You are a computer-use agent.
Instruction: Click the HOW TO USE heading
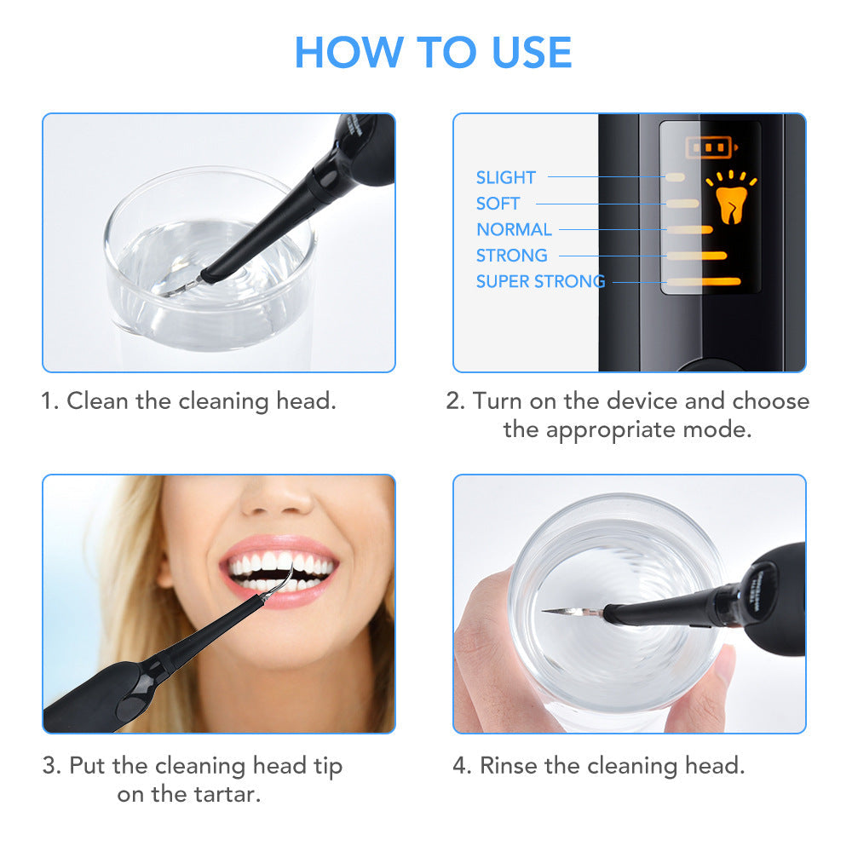click(433, 53)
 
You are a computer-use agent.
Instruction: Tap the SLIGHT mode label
click(505, 177)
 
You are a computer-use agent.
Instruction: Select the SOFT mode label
click(498, 204)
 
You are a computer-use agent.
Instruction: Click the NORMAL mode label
click(514, 229)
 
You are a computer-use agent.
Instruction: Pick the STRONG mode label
click(511, 256)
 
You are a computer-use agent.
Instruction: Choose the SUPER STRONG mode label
click(540, 281)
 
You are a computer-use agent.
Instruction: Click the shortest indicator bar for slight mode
click(675, 176)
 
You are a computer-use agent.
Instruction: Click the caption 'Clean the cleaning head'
click(201, 400)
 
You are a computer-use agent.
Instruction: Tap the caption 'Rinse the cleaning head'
click(611, 765)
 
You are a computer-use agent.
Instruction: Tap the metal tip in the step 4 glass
click(562, 611)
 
